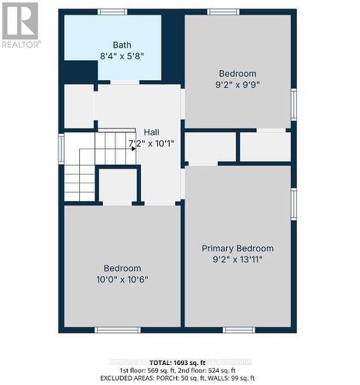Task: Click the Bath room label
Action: pos(122,45)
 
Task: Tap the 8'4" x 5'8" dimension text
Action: pos(122,56)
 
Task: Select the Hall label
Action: pos(151,132)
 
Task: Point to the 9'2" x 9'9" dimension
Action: pos(237,85)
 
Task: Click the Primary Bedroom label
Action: pos(238,248)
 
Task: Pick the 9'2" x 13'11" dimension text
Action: pos(238,259)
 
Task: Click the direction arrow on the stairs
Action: pos(132,148)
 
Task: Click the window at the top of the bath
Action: pos(112,12)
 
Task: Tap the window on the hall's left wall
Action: pos(61,149)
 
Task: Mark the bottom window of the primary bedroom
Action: pos(238,330)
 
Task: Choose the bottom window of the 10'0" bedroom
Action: pos(117,330)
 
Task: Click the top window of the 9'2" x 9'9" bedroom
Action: pos(223,12)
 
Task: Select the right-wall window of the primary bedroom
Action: pos(293,204)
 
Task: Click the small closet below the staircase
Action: pos(118,186)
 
